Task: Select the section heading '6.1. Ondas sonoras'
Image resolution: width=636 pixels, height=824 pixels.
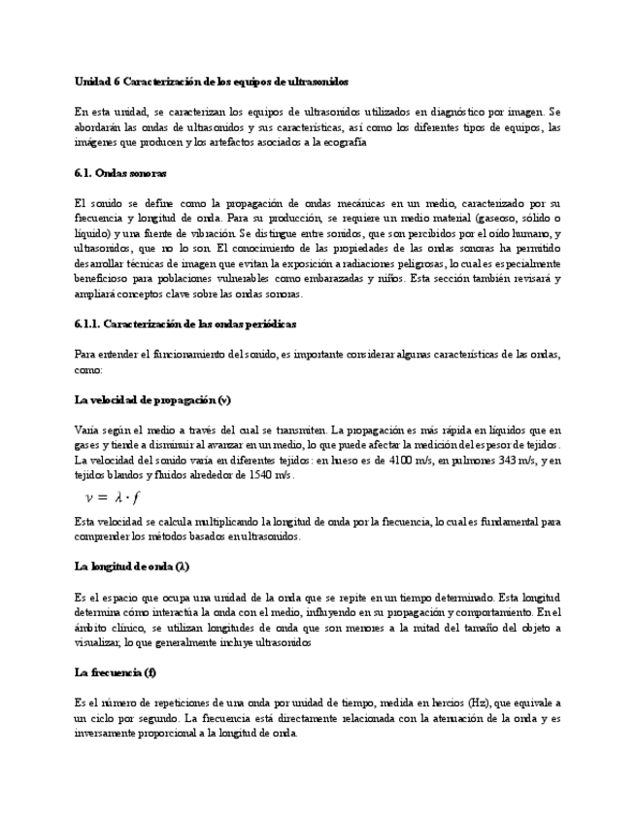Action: (120, 172)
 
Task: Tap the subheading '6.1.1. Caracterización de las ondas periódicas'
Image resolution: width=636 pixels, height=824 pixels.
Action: (185, 323)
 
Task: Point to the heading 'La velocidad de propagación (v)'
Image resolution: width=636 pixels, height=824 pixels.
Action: (152, 399)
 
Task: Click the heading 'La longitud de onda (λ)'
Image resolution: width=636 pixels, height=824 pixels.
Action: (131, 566)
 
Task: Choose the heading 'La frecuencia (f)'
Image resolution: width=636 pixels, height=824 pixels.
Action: (116, 672)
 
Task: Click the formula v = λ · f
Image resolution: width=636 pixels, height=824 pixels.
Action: (112, 498)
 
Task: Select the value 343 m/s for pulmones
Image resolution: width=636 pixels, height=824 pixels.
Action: (504, 460)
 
